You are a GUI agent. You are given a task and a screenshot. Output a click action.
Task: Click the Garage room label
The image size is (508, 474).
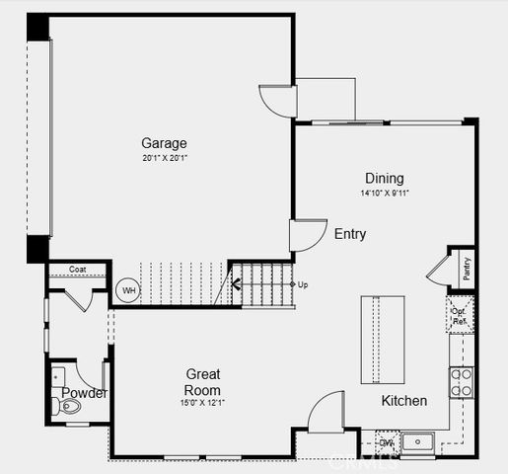[x=164, y=143]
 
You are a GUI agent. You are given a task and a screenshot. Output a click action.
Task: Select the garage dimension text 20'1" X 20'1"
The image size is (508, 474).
[x=164, y=158]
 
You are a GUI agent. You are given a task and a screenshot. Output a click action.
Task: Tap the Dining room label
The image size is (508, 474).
[x=384, y=178]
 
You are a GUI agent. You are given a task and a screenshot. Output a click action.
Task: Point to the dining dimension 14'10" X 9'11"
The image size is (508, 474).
[x=384, y=193]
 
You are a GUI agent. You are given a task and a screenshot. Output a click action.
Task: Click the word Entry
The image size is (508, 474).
[x=350, y=234]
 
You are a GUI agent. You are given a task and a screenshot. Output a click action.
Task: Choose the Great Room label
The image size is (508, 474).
[x=203, y=381]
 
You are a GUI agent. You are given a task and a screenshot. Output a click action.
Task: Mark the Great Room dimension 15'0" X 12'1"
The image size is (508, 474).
[x=203, y=402]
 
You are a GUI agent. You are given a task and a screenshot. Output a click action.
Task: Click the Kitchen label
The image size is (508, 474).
[x=404, y=401]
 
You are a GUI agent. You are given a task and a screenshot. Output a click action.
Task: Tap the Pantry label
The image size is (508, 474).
[x=466, y=268]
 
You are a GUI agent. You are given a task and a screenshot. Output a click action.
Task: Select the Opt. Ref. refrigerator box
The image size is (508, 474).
[x=460, y=315]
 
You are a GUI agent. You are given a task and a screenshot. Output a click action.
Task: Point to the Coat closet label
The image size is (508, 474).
[x=78, y=269]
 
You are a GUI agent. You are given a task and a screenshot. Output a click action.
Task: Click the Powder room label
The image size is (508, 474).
[x=84, y=393]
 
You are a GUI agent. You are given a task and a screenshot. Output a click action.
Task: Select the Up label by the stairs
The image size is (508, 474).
[x=303, y=284]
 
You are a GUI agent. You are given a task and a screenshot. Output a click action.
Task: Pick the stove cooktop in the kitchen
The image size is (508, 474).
[x=461, y=381]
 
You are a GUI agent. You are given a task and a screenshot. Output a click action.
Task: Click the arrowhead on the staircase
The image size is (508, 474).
[x=237, y=286]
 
